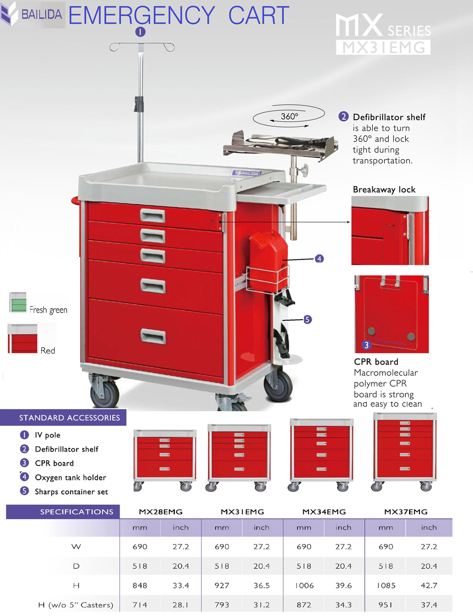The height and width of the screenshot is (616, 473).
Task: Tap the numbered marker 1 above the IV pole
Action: (x=141, y=32)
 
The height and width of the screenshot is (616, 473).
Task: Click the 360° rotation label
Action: (x=289, y=116)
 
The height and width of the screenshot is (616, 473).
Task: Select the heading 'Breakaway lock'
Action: (x=384, y=189)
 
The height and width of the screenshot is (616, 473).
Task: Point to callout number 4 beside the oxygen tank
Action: (x=319, y=259)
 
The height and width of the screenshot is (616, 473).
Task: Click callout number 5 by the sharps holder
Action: (x=307, y=320)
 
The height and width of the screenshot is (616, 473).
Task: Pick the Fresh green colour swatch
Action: (x=18, y=302)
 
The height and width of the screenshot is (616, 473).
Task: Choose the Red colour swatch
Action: (x=23, y=339)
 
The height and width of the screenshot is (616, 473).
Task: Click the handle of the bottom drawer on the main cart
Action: (x=153, y=336)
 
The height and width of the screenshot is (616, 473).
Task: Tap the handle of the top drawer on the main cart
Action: (x=153, y=216)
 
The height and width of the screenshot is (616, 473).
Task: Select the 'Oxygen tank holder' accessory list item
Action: (x=71, y=477)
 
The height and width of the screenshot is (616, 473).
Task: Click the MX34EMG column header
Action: (x=324, y=511)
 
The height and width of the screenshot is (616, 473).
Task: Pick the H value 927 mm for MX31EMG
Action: (x=222, y=585)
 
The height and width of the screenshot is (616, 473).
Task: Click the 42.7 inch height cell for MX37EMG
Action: (x=429, y=585)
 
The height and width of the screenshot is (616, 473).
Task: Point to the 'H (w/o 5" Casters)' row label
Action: (x=76, y=605)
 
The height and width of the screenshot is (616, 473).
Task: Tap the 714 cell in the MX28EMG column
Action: (x=140, y=605)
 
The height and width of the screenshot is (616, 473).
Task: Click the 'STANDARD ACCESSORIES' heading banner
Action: (x=63, y=418)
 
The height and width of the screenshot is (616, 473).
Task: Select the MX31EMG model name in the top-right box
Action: (x=383, y=47)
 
